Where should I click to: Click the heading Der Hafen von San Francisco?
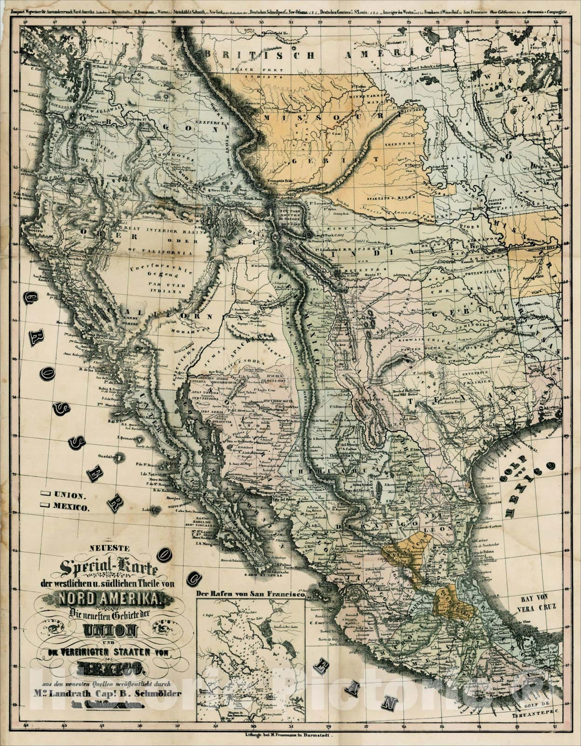click(251, 594)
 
